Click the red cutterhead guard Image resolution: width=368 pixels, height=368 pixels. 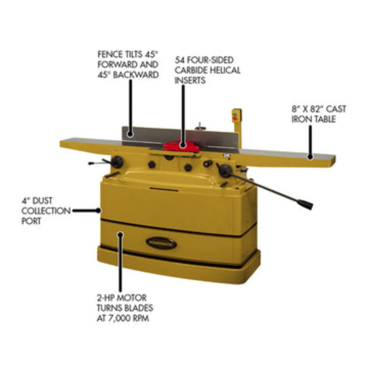(x=181, y=146)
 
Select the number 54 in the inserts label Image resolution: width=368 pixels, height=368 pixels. (x=180, y=60)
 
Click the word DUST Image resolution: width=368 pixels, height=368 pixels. (x=42, y=201)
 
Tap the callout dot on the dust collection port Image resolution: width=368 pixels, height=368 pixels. (x=98, y=210)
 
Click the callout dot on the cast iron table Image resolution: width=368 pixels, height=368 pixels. (x=310, y=157)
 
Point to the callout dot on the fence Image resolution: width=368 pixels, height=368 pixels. (x=130, y=134)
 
